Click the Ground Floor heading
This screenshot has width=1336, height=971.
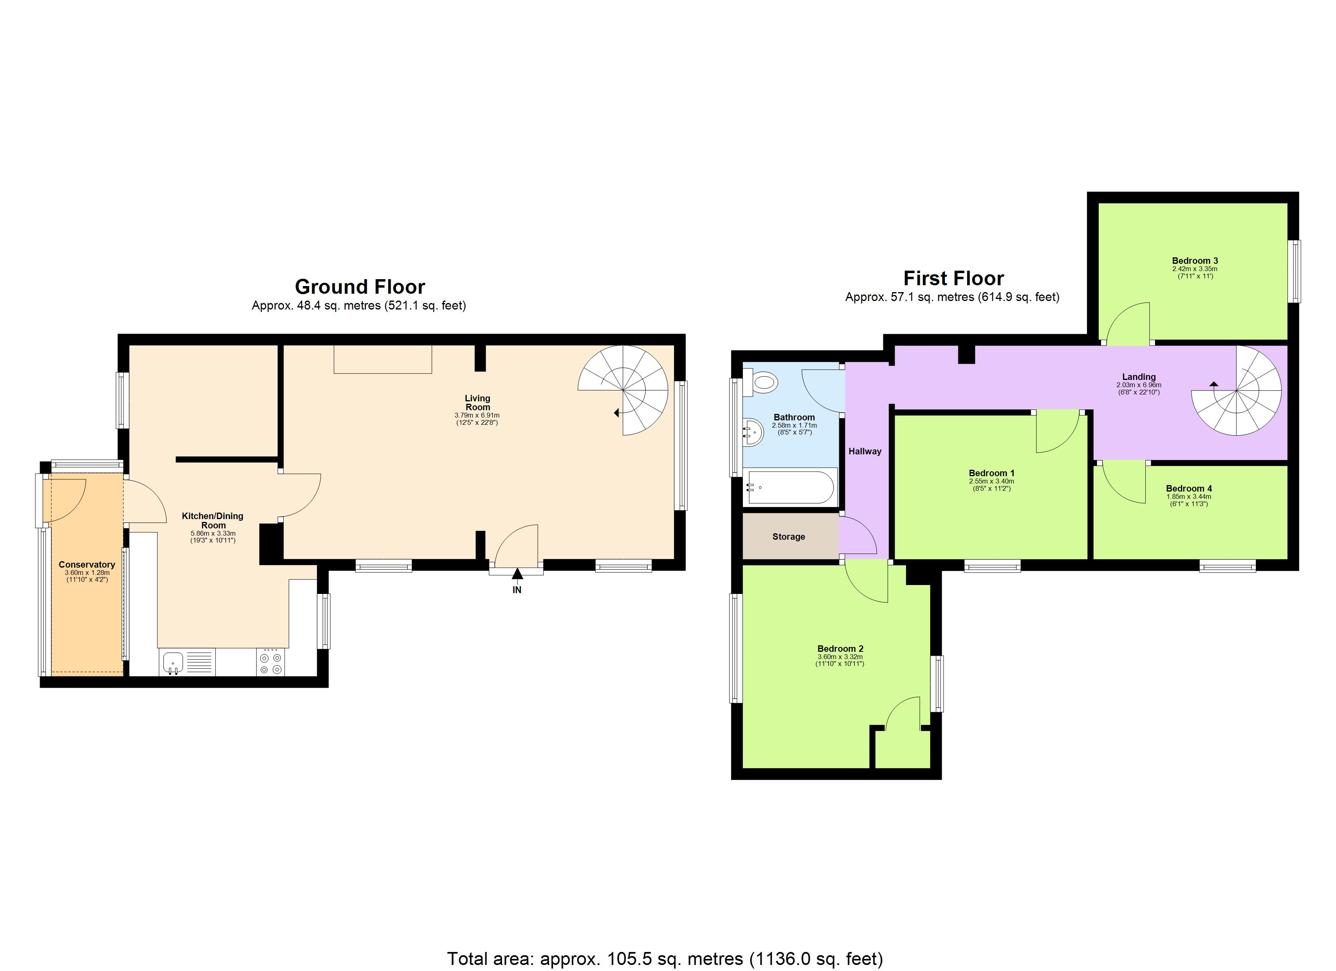(360, 287)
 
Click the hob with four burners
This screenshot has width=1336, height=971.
(270, 662)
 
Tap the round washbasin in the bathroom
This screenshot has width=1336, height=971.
(753, 433)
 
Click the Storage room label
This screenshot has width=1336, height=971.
(788, 536)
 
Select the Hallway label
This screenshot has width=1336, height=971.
(865, 451)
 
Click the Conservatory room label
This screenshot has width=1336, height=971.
(87, 564)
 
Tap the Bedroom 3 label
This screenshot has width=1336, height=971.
(1195, 260)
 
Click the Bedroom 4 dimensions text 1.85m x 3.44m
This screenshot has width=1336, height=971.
(1189, 496)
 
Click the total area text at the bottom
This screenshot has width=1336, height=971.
(664, 958)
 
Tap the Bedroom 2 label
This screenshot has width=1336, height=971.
(840, 648)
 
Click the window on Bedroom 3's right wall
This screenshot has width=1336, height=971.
(1293, 271)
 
